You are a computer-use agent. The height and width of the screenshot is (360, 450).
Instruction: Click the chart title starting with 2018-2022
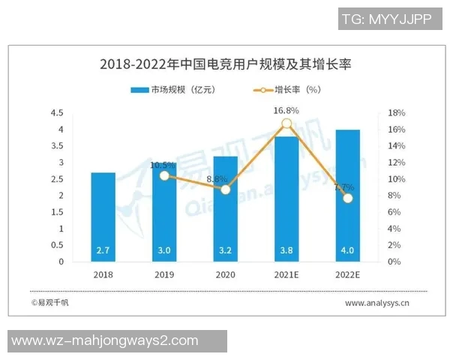coord(225,64)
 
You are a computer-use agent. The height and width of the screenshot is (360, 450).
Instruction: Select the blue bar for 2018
coord(103,217)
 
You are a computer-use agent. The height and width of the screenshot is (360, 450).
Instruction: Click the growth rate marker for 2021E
coord(286,124)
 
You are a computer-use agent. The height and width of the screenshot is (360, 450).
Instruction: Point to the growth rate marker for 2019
coord(164,175)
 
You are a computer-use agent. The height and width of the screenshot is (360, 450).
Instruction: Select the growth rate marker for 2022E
coord(347,198)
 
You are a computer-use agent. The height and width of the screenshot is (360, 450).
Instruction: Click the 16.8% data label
coord(286,110)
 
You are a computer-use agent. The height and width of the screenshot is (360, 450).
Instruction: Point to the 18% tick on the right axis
coord(397,113)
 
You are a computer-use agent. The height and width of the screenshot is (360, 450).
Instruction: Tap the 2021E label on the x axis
coord(286,274)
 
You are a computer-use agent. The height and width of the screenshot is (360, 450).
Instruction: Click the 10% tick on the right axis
coord(397,179)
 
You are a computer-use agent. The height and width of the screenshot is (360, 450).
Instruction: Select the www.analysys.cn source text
coord(376,304)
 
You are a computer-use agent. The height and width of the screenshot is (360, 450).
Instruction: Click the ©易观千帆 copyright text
coord(49,303)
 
